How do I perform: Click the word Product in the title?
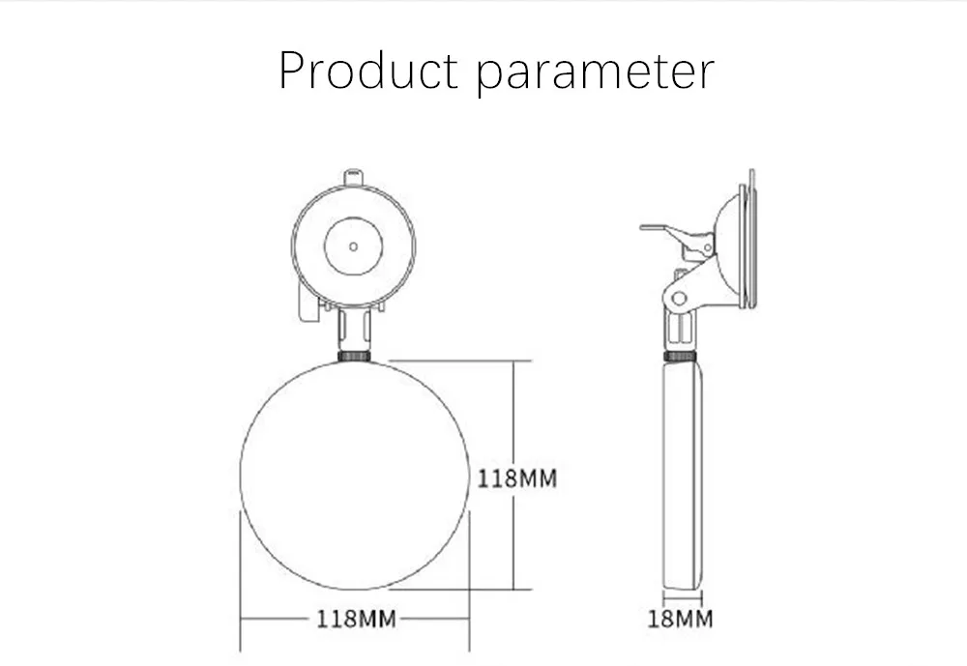point(368,71)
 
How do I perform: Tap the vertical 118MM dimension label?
point(516,478)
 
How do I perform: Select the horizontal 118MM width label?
point(356,620)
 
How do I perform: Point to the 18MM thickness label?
point(680,620)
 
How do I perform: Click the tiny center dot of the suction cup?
point(353,246)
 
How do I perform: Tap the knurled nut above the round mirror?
point(355,356)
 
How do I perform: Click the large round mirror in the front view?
point(355,475)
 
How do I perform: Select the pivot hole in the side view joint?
point(679,299)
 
